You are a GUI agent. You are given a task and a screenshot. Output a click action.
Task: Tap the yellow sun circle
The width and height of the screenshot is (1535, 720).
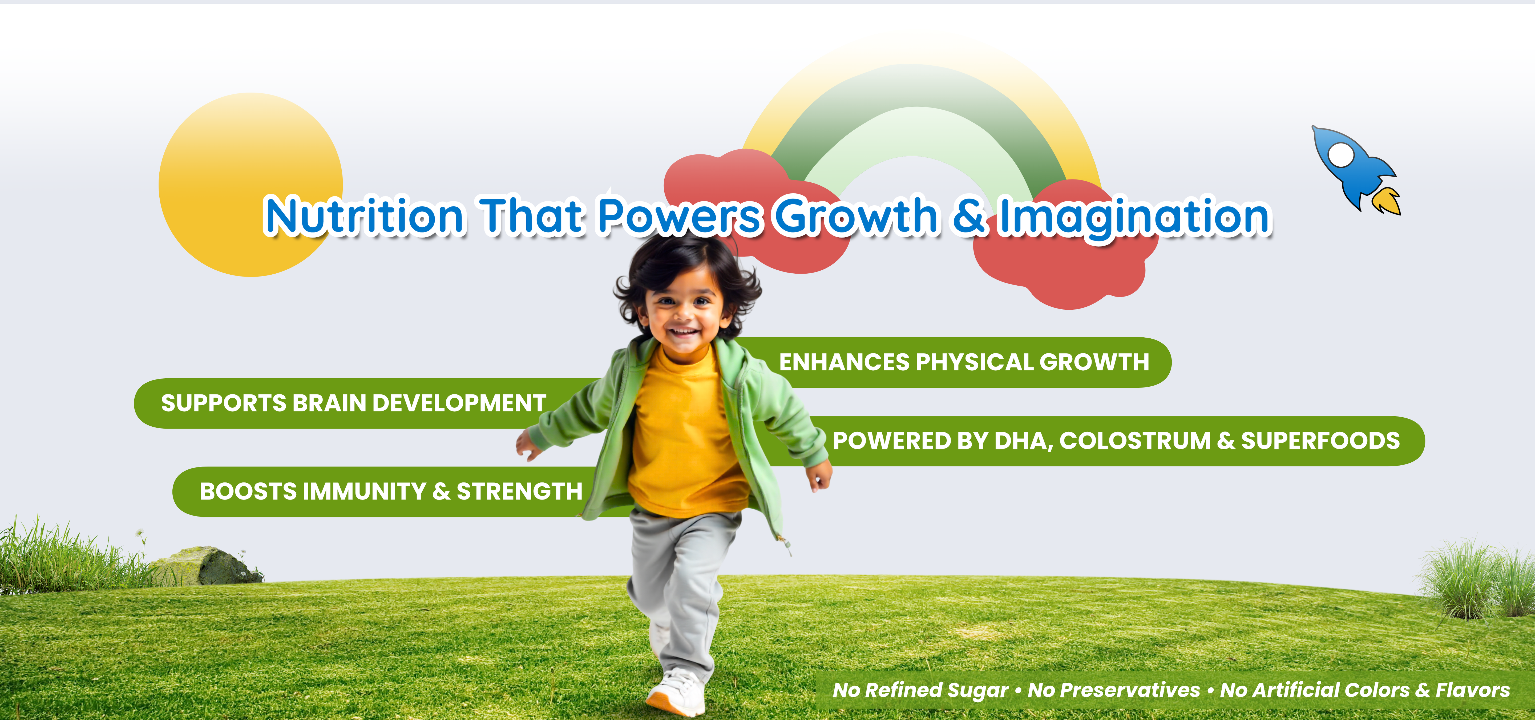click(x=250, y=185)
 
